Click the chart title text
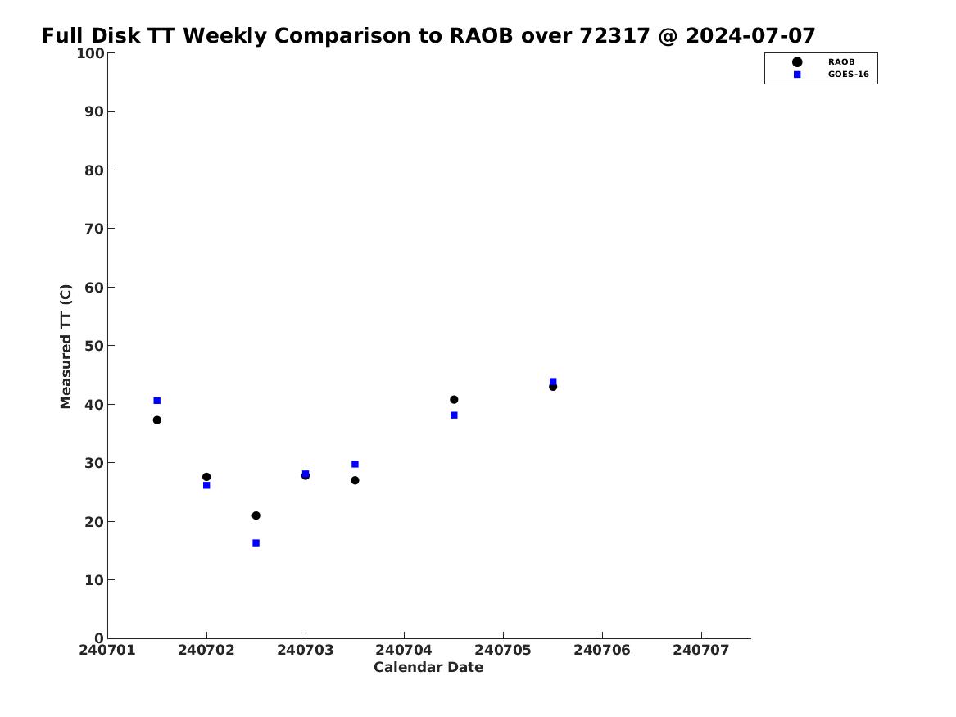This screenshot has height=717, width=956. pos(428,35)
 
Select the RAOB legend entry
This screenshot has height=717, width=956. pos(823,61)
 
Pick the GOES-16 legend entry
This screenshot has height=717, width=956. pos(831,75)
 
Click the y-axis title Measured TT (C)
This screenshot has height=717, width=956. pos(66,347)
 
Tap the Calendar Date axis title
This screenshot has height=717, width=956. pos(428,668)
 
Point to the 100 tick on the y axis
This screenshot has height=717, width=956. pos(90,53)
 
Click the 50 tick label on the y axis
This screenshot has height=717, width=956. pos(94,346)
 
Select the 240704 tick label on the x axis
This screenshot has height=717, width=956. pos(404,650)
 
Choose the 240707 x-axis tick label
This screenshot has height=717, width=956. pos(701,650)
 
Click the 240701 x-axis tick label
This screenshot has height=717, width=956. pos(107,650)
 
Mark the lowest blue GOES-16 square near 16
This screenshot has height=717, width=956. pos(256,542)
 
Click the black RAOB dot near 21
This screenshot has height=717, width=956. pos(256,515)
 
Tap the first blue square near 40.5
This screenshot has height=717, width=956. pos(156,401)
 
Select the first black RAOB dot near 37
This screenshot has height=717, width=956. pos(156,420)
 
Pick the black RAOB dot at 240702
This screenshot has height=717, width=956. pos(206,477)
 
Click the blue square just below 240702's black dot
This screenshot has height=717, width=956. pos(206,485)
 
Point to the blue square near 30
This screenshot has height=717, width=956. pos(355,464)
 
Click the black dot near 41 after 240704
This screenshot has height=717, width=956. pos(454,399)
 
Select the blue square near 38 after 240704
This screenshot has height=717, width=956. pos(454,415)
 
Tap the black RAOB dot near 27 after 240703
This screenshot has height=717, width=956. pos(355,480)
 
